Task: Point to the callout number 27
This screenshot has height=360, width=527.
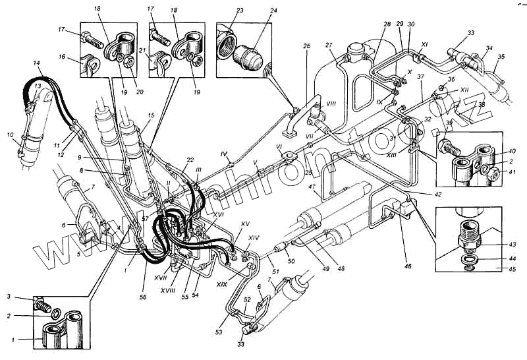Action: [327, 45]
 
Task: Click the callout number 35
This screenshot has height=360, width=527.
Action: [501, 57]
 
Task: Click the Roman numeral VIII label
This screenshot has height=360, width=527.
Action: [331, 104]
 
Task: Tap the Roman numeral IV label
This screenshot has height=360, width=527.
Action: [224, 153]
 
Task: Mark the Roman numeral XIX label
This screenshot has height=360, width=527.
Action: [221, 284]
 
